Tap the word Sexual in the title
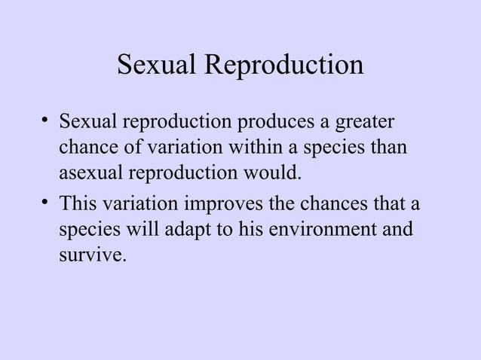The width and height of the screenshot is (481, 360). point(155,66)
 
